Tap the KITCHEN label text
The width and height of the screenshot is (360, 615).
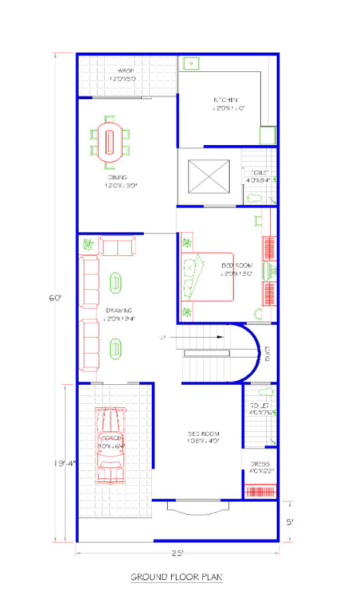(x=225, y=100)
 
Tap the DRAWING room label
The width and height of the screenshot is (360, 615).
(x=118, y=310)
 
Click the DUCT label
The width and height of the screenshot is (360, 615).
(x=267, y=353)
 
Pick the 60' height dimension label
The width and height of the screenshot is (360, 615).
(x=54, y=298)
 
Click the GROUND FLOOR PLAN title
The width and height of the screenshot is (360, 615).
(x=176, y=577)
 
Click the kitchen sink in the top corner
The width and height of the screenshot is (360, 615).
(x=191, y=64)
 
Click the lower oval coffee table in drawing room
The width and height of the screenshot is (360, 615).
(x=116, y=347)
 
